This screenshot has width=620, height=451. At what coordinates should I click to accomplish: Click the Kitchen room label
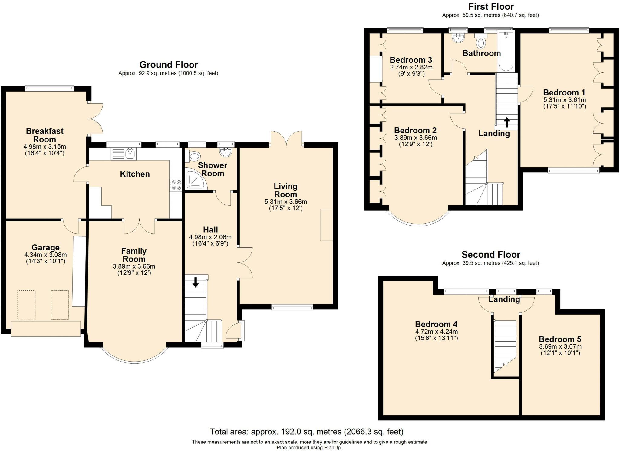point(135,174)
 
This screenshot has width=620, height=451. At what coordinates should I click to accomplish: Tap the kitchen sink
point(124,154)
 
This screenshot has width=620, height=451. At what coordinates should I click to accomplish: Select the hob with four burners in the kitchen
point(176,185)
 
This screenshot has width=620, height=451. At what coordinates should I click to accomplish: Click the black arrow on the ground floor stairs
point(196,282)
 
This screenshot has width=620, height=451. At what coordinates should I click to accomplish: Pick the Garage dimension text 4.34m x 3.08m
point(45,255)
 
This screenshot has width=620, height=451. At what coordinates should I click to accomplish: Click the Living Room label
point(285,190)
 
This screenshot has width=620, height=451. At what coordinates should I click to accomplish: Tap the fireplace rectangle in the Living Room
point(327,225)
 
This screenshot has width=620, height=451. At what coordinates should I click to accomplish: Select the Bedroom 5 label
point(560,339)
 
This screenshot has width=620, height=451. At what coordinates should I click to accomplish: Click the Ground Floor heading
point(169,65)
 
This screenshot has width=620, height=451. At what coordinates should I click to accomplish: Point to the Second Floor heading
point(491,255)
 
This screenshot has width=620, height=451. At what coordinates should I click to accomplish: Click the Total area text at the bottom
point(307,432)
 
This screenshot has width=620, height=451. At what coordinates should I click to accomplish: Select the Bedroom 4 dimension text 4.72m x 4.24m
point(436,332)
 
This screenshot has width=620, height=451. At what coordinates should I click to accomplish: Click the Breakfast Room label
point(45,135)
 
